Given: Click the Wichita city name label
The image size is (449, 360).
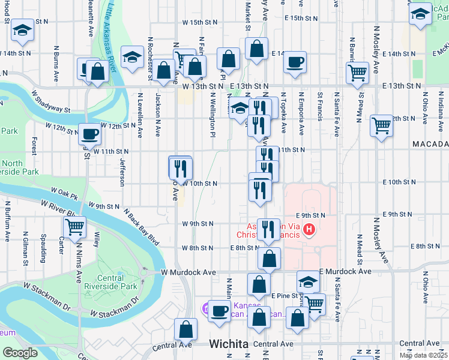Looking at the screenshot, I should pyautogui.click(x=229, y=344).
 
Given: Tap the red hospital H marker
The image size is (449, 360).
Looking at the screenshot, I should pyautogui.click(x=309, y=229).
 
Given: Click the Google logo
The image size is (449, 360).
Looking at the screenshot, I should pyautogui.click(x=20, y=353).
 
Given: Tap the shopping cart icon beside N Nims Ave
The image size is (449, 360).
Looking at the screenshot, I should pyautogui.click(x=75, y=227).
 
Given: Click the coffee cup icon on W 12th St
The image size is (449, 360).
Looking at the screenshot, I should pyautogui.click(x=90, y=133).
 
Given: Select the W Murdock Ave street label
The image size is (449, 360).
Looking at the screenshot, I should pyautogui.click(x=188, y=272).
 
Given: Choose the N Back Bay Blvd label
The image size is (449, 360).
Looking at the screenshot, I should pyautogui.click(x=142, y=227).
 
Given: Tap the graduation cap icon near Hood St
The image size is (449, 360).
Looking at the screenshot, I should pyautogui.click(x=23, y=31).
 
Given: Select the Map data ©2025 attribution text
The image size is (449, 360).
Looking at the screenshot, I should pyautogui.click(x=423, y=355).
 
